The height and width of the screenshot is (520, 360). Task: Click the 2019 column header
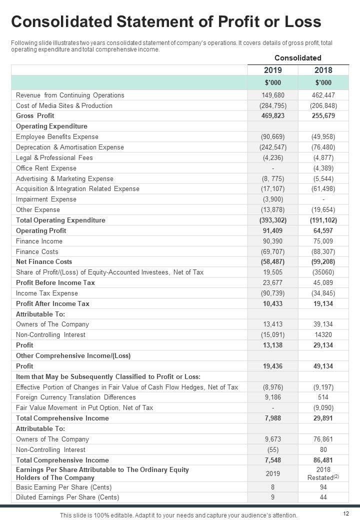coord(272,70)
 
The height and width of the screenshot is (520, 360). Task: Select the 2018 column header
coord(323,70)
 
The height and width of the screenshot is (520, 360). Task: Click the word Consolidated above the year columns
coord(297,57)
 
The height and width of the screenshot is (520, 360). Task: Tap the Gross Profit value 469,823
coord(272,115)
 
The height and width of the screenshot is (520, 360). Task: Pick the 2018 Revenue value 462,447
coord(323,95)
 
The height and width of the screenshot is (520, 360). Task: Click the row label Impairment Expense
coord(46,199)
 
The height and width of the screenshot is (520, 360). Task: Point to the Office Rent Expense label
coord(46,168)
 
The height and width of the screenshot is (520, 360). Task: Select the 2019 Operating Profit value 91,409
coord(272,230)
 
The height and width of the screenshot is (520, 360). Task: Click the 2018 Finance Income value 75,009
coord(323,241)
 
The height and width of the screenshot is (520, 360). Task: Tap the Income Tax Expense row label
coord(46,293)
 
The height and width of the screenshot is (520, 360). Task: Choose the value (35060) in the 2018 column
coord(323,272)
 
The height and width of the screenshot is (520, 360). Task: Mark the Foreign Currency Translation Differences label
coord(75,397)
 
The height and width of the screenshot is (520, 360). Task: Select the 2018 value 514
coord(323,397)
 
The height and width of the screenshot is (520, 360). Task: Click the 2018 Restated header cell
coord(323,473)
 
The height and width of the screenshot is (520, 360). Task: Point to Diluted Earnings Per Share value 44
coord(323,497)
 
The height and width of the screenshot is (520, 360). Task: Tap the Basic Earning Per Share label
coord(63,486)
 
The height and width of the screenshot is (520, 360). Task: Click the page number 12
coord(346,513)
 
